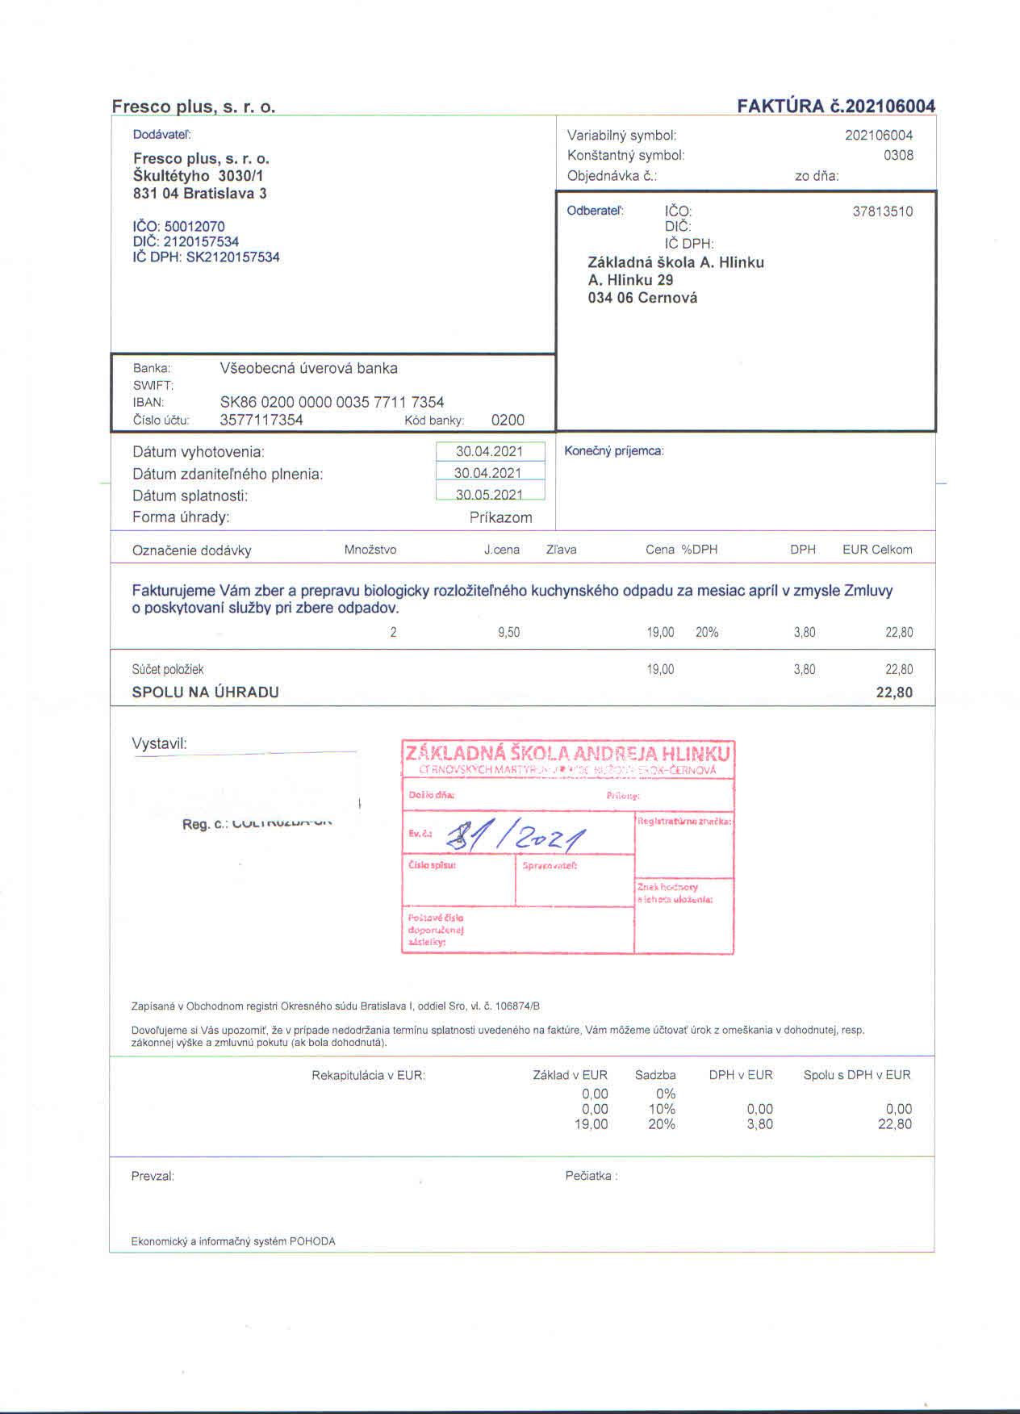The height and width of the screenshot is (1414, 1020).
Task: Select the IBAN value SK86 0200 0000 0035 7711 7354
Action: click(332, 402)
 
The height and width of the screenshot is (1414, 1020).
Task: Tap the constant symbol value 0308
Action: click(898, 155)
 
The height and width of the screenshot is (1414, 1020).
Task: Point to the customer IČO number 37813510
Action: click(883, 211)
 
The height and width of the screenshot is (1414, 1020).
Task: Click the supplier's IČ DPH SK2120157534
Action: click(232, 257)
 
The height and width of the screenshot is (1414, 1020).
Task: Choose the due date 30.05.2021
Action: click(489, 495)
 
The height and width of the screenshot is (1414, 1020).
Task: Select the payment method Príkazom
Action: click(500, 517)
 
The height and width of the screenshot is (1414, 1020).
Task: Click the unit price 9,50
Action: click(508, 633)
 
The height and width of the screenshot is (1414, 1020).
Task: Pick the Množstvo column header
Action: click(370, 550)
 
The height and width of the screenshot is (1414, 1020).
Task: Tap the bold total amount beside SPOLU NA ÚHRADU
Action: click(894, 692)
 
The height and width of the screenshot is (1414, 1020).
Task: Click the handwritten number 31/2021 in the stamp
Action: click(516, 839)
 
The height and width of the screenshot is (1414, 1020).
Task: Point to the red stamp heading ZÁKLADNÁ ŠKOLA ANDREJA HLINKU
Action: click(567, 754)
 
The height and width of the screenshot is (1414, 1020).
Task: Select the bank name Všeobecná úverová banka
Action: click(308, 368)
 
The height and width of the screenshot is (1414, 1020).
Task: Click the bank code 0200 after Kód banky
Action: click(508, 420)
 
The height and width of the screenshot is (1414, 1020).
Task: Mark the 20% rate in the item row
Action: click(707, 633)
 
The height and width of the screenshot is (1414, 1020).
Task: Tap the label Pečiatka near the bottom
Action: click(590, 1176)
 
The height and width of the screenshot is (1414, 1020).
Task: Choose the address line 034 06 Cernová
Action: click(642, 298)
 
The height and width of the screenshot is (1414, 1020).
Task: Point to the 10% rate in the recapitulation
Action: click(662, 1109)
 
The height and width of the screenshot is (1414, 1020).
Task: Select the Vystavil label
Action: click(159, 743)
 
